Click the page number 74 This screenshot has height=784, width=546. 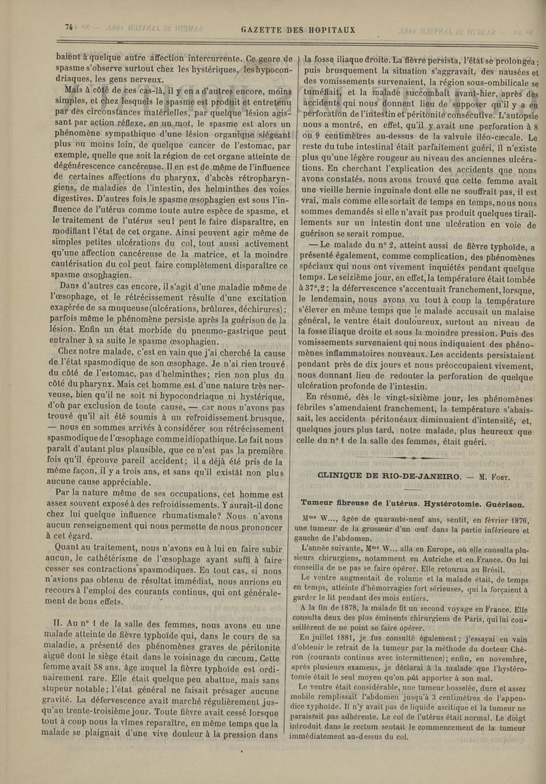click(x=69, y=27)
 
